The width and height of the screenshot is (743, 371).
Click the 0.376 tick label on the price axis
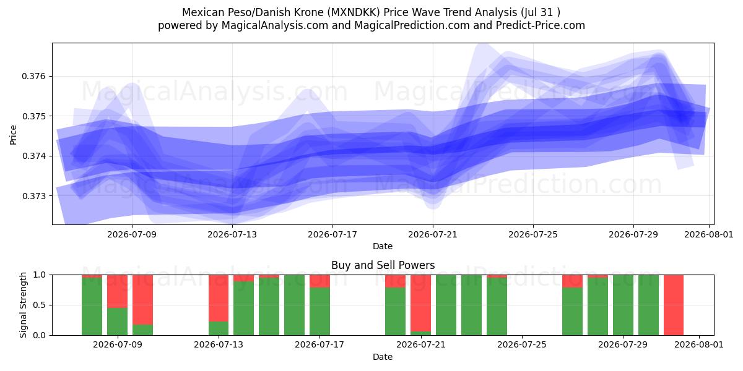pyautogui.click(x=33, y=77)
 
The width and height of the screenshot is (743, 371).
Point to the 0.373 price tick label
pyautogui.click(x=33, y=196)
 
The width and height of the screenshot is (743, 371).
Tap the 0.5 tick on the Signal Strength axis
pyautogui.click(x=39, y=305)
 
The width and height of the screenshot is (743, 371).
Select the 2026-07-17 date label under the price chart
pyautogui.click(x=332, y=234)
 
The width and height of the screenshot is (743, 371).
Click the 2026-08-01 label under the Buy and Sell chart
pyautogui.click(x=699, y=344)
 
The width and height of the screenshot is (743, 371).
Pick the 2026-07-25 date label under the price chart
pyautogui.click(x=533, y=234)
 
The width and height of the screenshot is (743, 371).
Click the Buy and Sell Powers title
pyautogui.click(x=383, y=265)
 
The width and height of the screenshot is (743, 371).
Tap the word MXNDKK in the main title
pyautogui.click(x=354, y=12)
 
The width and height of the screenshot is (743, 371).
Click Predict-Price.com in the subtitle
pyautogui.click(x=541, y=25)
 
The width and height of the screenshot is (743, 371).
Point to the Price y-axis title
pyautogui.click(x=13, y=135)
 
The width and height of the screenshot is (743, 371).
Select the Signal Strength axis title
pyautogui.click(x=23, y=305)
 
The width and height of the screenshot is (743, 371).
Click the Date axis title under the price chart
pyautogui.click(x=383, y=246)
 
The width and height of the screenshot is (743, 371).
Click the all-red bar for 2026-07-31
pyautogui.click(x=674, y=305)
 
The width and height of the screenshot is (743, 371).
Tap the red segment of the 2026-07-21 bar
pyautogui.click(x=420, y=303)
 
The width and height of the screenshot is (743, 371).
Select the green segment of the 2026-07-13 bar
pyautogui.click(x=219, y=328)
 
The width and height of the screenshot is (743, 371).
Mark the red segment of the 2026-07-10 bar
pyautogui.click(x=142, y=300)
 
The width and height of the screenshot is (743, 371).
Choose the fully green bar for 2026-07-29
pyautogui.click(x=623, y=305)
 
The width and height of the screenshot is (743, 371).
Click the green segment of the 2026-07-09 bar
pyautogui.click(x=117, y=322)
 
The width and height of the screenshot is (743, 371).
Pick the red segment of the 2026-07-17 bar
pyautogui.click(x=319, y=281)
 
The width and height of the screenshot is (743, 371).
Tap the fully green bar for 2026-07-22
pyautogui.click(x=446, y=305)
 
